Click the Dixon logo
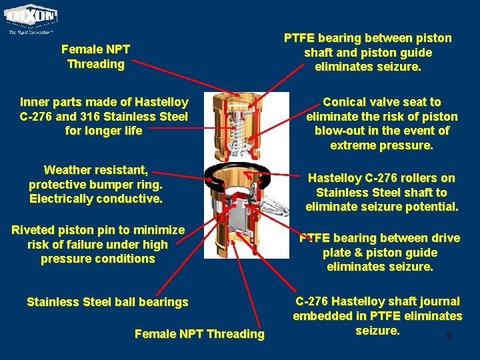[x=32, y=17]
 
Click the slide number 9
[x=448, y=337]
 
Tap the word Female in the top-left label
[x=81, y=49]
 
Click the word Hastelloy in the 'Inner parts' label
[x=161, y=102]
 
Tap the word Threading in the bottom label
[x=236, y=333]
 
